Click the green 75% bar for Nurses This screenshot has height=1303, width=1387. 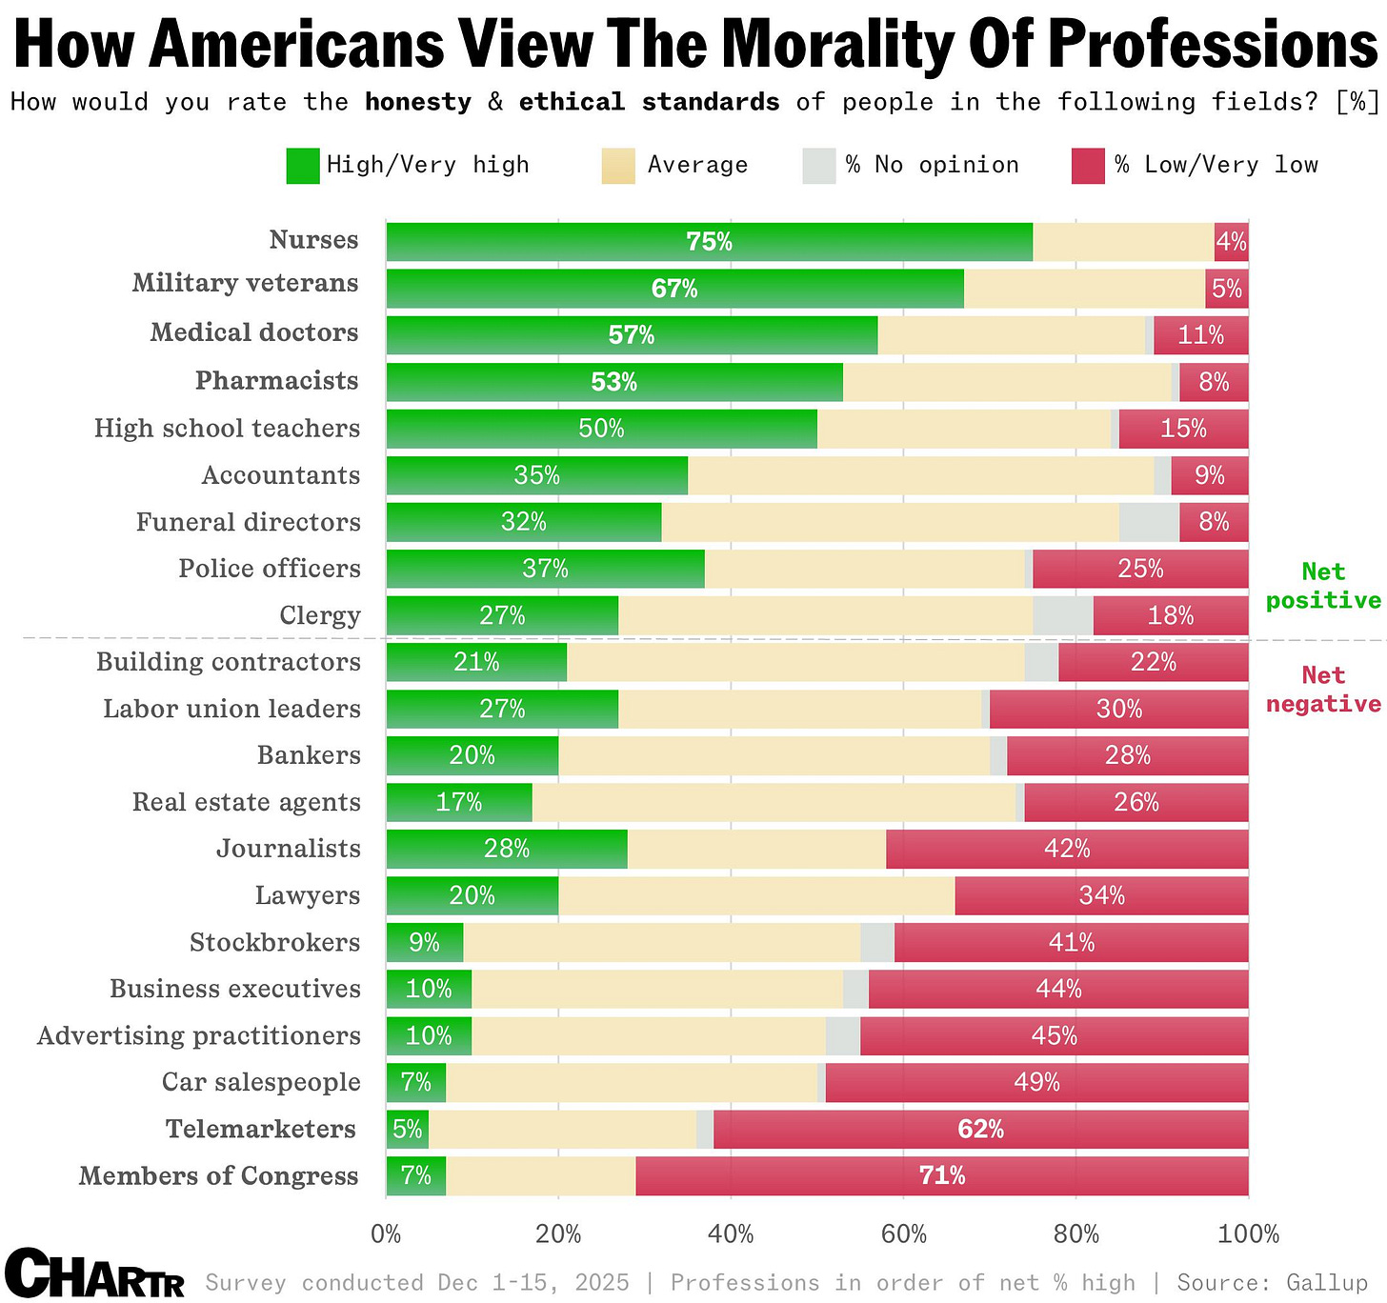[709, 242]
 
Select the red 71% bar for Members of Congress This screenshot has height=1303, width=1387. [941, 1175]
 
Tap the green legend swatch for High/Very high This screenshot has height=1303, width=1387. [303, 166]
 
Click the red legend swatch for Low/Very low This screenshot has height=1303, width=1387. [1088, 166]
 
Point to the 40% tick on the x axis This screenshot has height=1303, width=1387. [731, 1234]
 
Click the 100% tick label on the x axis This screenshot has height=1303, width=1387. [1248, 1234]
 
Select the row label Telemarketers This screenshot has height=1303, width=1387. [261, 1129]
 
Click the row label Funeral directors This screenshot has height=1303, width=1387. [248, 522]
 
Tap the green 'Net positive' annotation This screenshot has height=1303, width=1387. [1323, 586]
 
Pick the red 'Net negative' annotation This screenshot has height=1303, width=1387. [1323, 690]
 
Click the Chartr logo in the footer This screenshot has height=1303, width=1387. [93, 1274]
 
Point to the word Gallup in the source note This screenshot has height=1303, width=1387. [1327, 1282]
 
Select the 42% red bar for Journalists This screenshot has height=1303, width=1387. [1067, 849]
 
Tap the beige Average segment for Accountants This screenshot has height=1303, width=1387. [920, 475]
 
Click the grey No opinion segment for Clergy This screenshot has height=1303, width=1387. [1062, 615]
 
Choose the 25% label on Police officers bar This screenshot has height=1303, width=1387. [1140, 569]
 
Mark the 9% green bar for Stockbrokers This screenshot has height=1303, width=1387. [424, 942]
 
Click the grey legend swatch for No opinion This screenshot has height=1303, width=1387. [819, 166]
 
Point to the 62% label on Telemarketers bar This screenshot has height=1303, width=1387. [980, 1129]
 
